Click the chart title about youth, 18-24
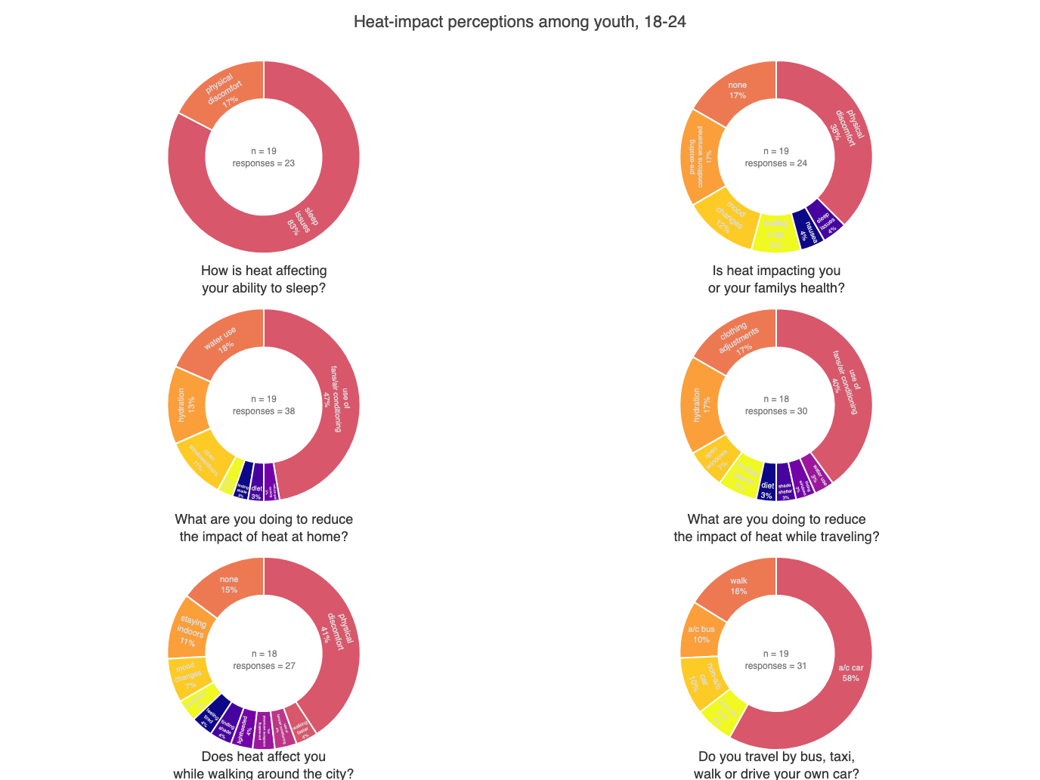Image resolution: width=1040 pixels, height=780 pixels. (x=520, y=22)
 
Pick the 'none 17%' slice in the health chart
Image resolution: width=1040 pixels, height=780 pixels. (x=738, y=91)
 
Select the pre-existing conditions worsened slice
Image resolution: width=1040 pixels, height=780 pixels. (x=701, y=156)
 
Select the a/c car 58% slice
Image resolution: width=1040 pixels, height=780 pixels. (x=847, y=673)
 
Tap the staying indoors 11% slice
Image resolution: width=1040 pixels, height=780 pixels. (x=190, y=631)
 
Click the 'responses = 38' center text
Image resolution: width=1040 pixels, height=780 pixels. (x=264, y=411)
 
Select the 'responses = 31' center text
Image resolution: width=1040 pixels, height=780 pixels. (x=776, y=666)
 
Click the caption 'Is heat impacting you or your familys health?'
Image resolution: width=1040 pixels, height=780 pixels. (x=776, y=279)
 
